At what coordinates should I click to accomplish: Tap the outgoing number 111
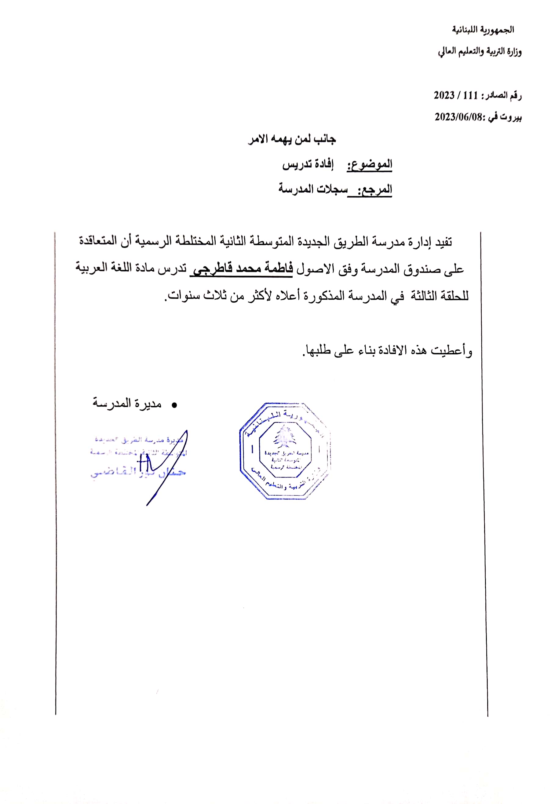tap(470, 95)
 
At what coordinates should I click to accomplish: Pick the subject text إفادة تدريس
tap(308, 165)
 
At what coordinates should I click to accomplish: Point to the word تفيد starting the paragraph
tap(443, 242)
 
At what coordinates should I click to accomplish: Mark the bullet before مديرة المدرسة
tap(174, 405)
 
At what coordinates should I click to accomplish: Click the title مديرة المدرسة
tap(127, 404)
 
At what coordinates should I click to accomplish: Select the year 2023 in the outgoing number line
tap(444, 95)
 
